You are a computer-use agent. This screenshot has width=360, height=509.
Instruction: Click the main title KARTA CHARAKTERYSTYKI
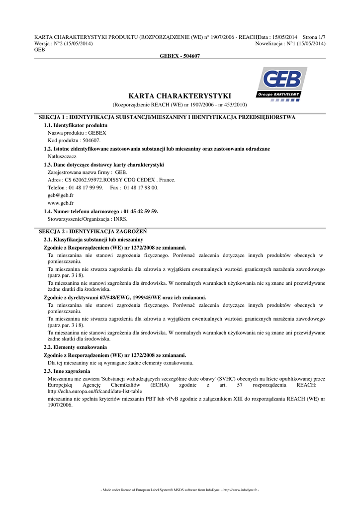coord(180,96)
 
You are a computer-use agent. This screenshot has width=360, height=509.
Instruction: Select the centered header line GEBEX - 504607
coord(180,56)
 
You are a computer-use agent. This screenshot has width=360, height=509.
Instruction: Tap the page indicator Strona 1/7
coord(314,37)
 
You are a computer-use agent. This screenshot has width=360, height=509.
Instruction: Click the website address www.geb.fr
coord(61,203)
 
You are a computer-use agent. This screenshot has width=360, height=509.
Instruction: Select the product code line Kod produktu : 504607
coord(74,141)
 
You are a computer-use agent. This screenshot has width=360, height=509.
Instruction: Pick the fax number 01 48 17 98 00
coord(141,187)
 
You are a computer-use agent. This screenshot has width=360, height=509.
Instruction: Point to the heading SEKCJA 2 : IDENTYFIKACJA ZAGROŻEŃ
coord(92,232)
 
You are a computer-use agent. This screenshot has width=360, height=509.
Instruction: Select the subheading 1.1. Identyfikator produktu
coord(76,125)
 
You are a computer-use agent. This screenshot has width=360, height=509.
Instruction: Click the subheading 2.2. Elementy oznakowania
coord(75,347)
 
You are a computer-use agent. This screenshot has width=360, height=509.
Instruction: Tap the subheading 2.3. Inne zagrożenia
coord(67,371)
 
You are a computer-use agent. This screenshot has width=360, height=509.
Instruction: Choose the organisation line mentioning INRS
coord(88,219)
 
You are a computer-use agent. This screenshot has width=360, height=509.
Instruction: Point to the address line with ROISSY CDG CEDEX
coord(111,179)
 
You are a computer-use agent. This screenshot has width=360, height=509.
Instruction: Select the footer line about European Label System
coord(180,490)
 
